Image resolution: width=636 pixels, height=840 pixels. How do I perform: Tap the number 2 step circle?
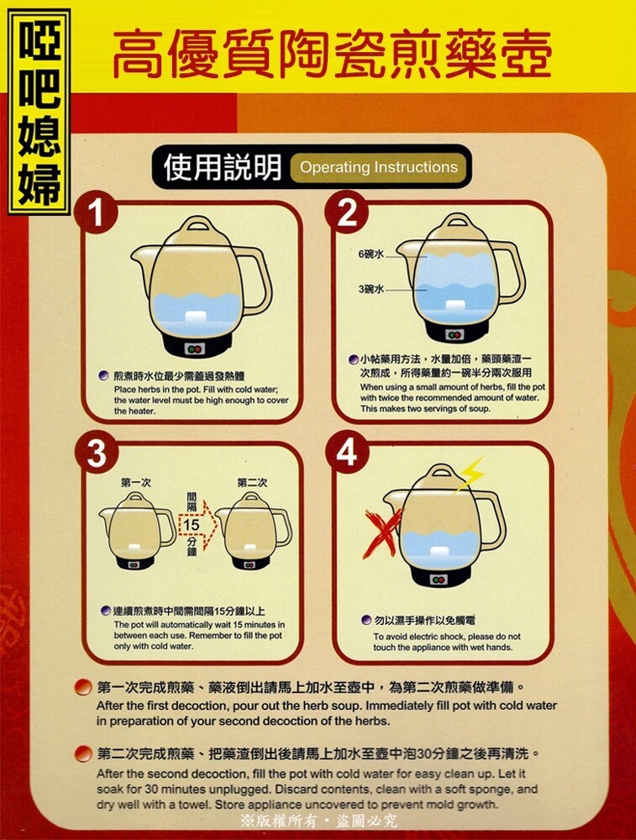pyautogui.click(x=347, y=213)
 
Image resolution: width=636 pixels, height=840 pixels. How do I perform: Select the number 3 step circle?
pyautogui.click(x=97, y=454)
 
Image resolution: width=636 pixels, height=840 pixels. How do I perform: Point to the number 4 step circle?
pyautogui.click(x=347, y=453)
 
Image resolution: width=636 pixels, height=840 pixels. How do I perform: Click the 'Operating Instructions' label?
pyautogui.click(x=379, y=167)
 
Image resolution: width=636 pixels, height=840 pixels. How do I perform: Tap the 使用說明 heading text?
pyautogui.click(x=223, y=167)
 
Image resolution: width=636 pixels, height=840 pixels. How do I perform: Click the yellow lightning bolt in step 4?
pyautogui.click(x=468, y=474)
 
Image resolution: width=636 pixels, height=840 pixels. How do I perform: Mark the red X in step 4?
pyautogui.click(x=382, y=533)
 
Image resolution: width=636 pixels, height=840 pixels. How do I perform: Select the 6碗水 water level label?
pyautogui.click(x=371, y=254)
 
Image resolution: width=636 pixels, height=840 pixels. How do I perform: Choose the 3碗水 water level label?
pyautogui.click(x=371, y=289)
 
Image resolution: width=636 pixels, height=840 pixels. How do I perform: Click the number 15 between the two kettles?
pyautogui.click(x=191, y=524)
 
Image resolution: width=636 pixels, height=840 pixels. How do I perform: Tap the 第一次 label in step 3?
pyautogui.click(x=135, y=483)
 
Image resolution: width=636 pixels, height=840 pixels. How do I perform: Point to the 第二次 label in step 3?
pyautogui.click(x=252, y=483)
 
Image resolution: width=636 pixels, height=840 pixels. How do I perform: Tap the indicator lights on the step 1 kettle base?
pyautogui.click(x=194, y=349)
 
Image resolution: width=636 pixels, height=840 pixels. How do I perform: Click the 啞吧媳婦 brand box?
pyautogui.click(x=39, y=112)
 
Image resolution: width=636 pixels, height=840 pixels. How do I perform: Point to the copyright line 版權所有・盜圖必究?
pyautogui.click(x=319, y=821)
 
